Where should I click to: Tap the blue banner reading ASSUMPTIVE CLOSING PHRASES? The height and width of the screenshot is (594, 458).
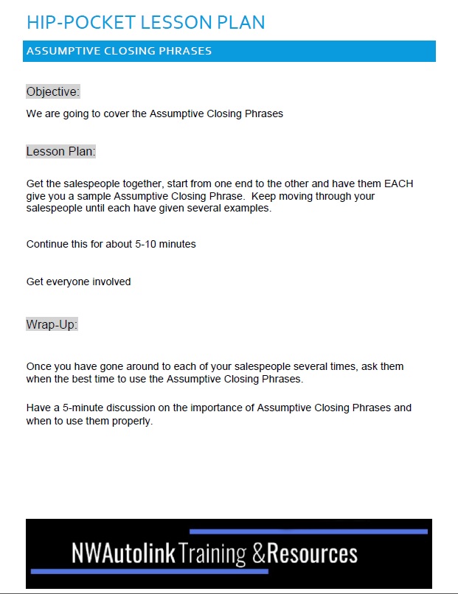point(229,51)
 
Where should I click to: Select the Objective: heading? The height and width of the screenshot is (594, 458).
point(52,92)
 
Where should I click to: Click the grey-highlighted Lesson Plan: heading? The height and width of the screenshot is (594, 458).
point(61,152)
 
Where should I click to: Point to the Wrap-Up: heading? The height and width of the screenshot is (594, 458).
point(52,324)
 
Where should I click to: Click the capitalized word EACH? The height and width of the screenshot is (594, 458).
point(399,184)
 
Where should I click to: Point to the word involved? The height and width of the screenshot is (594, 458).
point(111,282)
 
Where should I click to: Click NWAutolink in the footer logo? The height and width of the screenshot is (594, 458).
point(123,553)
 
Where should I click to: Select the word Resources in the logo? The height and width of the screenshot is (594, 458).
point(312,553)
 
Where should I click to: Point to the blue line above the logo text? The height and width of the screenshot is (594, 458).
point(308,531)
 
